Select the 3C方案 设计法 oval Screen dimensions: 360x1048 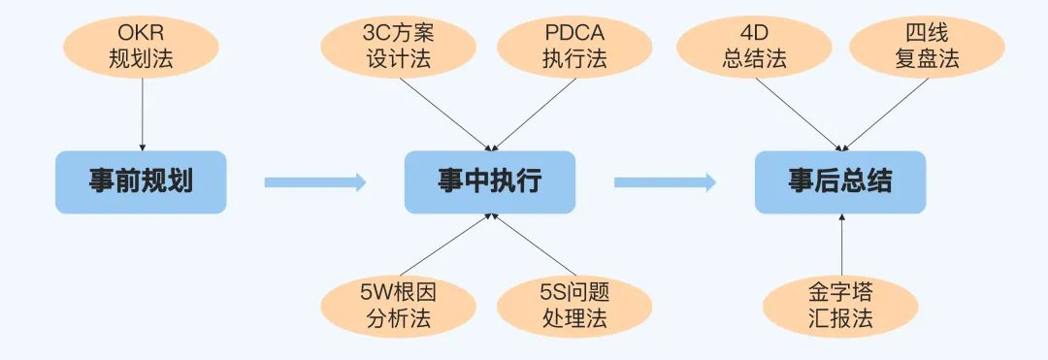coord(400,45)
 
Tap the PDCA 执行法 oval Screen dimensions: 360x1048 coord(573,45)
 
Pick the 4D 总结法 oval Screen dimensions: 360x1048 coord(754,45)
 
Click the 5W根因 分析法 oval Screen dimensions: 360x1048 coord(400,306)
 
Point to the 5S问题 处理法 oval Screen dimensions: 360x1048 coord(573,306)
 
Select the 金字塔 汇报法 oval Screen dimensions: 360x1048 coord(840,306)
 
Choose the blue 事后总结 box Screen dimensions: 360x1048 coord(839,181)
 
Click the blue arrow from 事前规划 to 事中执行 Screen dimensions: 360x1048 coord(314,181)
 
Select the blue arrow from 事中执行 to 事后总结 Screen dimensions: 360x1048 coord(665,181)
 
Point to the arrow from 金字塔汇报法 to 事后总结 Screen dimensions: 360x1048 coord(840,247)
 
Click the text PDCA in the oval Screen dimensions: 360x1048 coord(573,32)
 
